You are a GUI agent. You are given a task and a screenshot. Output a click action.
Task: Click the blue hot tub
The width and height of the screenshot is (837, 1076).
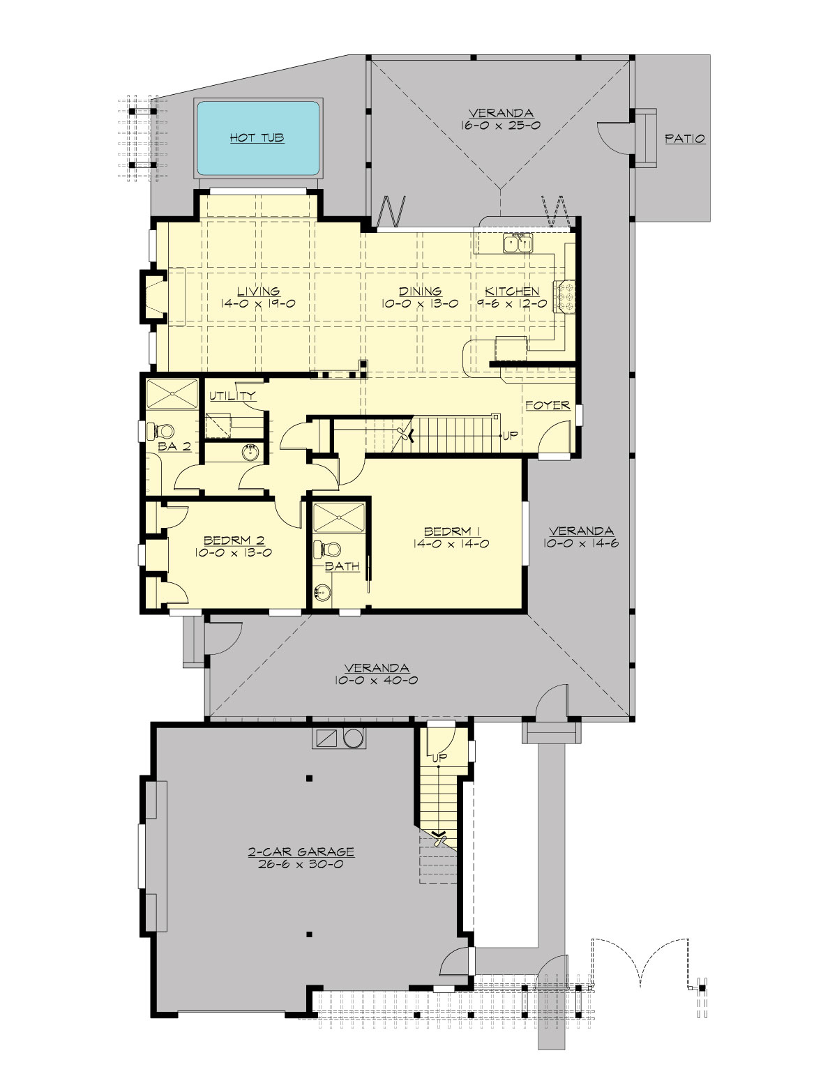pos(258,138)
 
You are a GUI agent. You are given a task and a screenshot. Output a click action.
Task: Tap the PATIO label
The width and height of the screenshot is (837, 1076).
pos(684,139)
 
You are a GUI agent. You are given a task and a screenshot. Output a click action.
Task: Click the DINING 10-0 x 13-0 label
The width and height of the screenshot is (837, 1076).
pos(420,297)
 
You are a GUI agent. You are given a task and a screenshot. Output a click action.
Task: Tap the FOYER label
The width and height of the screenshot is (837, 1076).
pos(548,405)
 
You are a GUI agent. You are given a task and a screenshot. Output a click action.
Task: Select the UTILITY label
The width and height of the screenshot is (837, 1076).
pos(232,396)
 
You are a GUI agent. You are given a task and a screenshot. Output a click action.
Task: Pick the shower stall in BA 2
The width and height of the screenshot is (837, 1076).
pos(172,393)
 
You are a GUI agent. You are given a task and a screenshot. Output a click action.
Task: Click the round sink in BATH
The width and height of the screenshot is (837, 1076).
pos(322,593)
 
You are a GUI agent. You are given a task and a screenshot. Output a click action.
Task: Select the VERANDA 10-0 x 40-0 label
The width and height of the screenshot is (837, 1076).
pos(377,674)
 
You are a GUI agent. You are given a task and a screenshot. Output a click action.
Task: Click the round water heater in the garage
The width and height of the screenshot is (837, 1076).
pos(354,738)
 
